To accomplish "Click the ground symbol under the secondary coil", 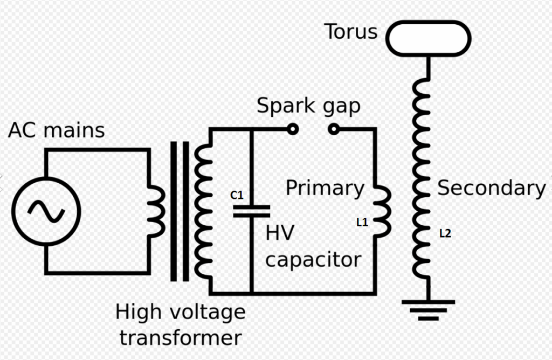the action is [x=429, y=310].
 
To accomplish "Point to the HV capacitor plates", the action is [x=252, y=211].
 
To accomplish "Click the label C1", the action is [x=237, y=195].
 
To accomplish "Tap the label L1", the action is [x=362, y=222].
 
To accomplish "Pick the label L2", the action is [x=445, y=233].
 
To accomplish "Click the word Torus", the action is [x=351, y=32].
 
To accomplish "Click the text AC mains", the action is [x=56, y=130].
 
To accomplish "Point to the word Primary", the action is [x=325, y=188].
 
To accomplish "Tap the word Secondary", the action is [x=492, y=188].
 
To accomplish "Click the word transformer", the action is [x=181, y=338].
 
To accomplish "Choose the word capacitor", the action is [x=313, y=260].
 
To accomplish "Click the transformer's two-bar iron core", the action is [x=180, y=211].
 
